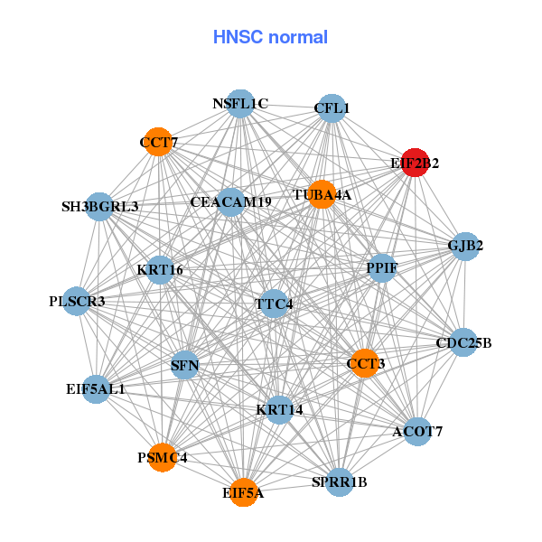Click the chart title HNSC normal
click(x=270, y=38)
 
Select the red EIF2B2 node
click(x=415, y=164)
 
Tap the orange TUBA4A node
click(x=322, y=194)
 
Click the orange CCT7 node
click(x=158, y=142)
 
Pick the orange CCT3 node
click(x=365, y=363)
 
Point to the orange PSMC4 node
click(x=163, y=458)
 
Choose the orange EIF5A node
click(x=243, y=492)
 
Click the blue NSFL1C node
click(x=240, y=104)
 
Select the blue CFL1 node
click(x=332, y=108)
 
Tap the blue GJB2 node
click(x=465, y=246)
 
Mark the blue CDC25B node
click(x=463, y=342)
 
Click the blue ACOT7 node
click(x=417, y=432)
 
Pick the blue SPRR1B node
click(x=340, y=481)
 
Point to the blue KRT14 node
click(x=279, y=410)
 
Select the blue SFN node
click(x=184, y=365)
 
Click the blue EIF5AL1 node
click(x=96, y=389)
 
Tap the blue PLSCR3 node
click(x=77, y=301)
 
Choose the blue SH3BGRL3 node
click(x=99, y=207)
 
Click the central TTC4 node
click(x=274, y=304)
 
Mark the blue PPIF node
click(x=381, y=268)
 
